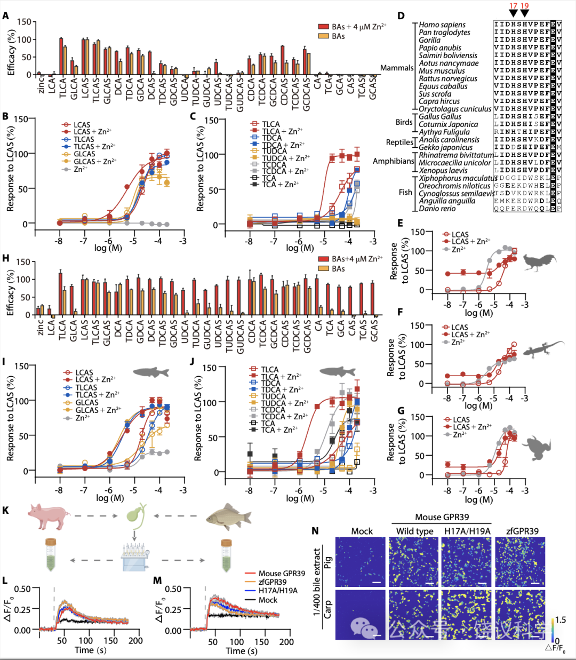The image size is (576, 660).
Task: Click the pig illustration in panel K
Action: tap(50, 516)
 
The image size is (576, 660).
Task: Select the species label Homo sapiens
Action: tap(442, 25)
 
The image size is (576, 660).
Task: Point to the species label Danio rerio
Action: tap(437, 209)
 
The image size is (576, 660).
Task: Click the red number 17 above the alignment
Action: tap(513, 6)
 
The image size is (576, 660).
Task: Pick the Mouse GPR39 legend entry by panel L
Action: tap(282, 574)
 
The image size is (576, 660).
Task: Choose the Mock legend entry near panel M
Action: tap(268, 600)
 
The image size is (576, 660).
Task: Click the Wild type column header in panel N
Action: tap(414, 531)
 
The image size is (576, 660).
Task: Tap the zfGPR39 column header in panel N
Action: tap(520, 531)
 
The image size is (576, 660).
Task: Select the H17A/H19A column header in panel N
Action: tap(467, 531)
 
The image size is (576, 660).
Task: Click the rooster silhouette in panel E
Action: tap(540, 262)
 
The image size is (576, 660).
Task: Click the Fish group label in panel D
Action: tap(405, 192)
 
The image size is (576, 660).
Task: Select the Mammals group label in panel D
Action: tap(396, 68)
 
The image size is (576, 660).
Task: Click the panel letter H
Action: tap(6, 258)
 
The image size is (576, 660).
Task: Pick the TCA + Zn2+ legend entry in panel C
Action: tap(280, 185)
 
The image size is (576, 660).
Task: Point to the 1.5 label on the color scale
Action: tap(560, 620)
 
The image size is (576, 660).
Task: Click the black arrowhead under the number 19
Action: tap(525, 14)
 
